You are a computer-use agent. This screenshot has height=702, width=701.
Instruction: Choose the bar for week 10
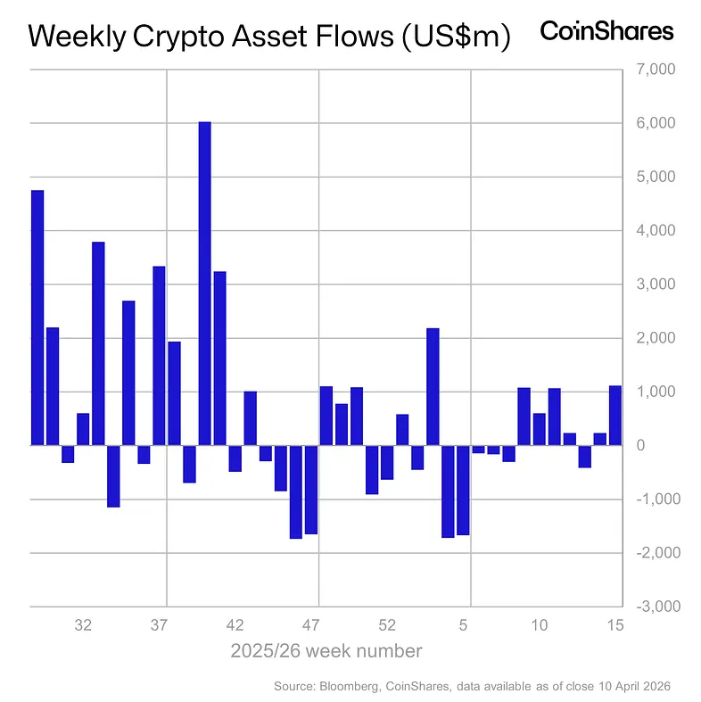(539, 429)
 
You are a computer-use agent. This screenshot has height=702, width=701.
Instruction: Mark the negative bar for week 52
(387, 462)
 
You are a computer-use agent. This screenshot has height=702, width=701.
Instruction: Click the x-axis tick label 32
(83, 625)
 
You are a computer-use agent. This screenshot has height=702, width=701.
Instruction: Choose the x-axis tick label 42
(235, 625)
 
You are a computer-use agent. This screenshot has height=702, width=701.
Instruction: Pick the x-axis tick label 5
(464, 625)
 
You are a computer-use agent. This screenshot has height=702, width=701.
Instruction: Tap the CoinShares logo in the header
(606, 32)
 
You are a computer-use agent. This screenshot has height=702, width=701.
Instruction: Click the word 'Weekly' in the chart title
(77, 37)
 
